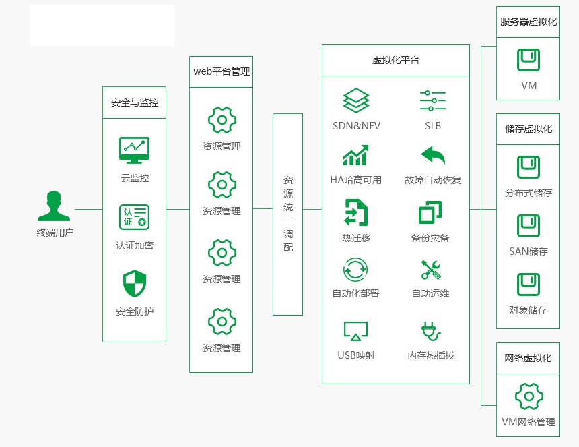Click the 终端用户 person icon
click(54, 206)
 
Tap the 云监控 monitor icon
click(134, 150)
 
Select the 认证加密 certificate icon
click(134, 217)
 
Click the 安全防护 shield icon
click(135, 284)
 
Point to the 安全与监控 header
click(135, 103)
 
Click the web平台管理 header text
click(222, 71)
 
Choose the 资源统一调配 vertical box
click(288, 214)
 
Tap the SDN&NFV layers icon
click(356, 100)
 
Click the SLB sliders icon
click(433, 100)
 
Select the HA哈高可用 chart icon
click(355, 155)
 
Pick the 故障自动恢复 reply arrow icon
click(433, 155)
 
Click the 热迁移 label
click(356, 238)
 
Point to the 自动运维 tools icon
click(431, 270)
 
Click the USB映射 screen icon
click(356, 331)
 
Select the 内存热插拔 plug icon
click(431, 331)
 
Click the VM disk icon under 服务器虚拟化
click(529, 60)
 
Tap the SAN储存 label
click(529, 251)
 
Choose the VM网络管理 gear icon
click(529, 396)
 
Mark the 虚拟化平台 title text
click(396, 60)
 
